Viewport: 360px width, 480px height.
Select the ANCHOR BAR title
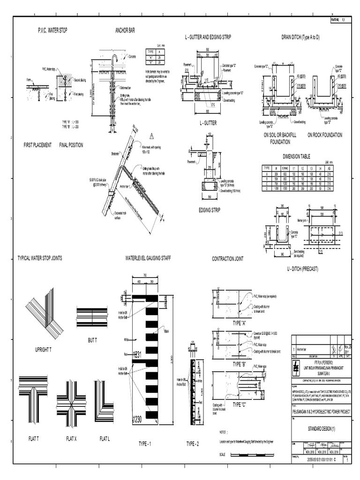coord(125,30)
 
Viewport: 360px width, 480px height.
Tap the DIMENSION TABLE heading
coord(296,157)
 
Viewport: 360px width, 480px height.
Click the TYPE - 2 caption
coord(193,443)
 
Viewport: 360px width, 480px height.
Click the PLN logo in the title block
coord(296,366)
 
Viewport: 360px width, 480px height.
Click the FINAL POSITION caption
coord(71,145)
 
